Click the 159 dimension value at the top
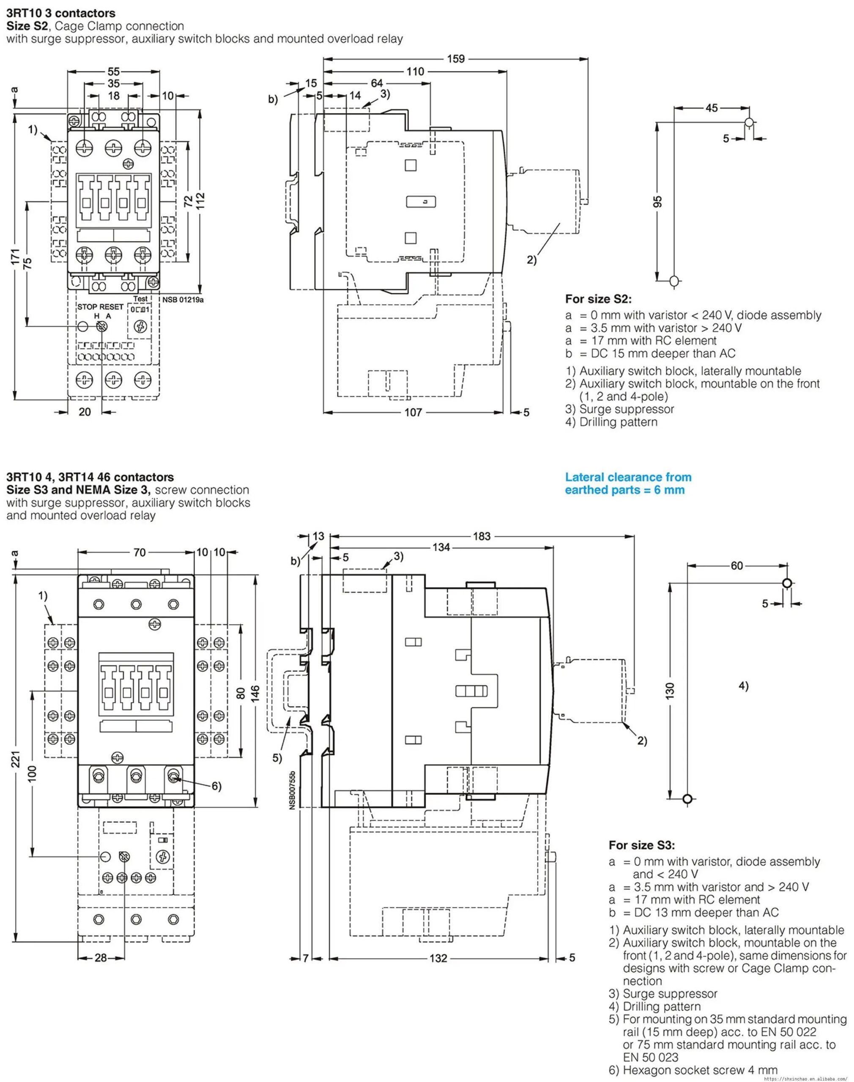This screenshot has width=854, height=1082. coord(455,59)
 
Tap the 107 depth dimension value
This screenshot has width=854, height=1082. coord(413,413)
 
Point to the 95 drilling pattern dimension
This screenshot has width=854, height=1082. coord(657,202)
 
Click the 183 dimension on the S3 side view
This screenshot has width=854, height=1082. coord(482,536)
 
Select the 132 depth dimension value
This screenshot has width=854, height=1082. coord(438,958)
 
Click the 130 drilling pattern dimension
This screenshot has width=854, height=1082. coord(671,690)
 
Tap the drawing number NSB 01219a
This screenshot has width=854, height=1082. coord(183,300)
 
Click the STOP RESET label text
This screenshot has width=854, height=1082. coord(100,307)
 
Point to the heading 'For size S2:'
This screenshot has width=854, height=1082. coord(599,299)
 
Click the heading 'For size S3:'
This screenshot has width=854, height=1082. coord(641,845)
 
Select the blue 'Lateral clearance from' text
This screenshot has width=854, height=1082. coord(628,477)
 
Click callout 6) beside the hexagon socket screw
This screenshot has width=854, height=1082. coord(216,786)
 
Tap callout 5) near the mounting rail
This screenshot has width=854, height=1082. coord(277,758)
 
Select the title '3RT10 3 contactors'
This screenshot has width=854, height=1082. coord(60,13)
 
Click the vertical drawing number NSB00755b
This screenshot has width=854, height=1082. coord(293,790)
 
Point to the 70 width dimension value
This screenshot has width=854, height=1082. coord(140,552)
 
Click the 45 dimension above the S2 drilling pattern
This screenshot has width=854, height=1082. coord(712,108)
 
